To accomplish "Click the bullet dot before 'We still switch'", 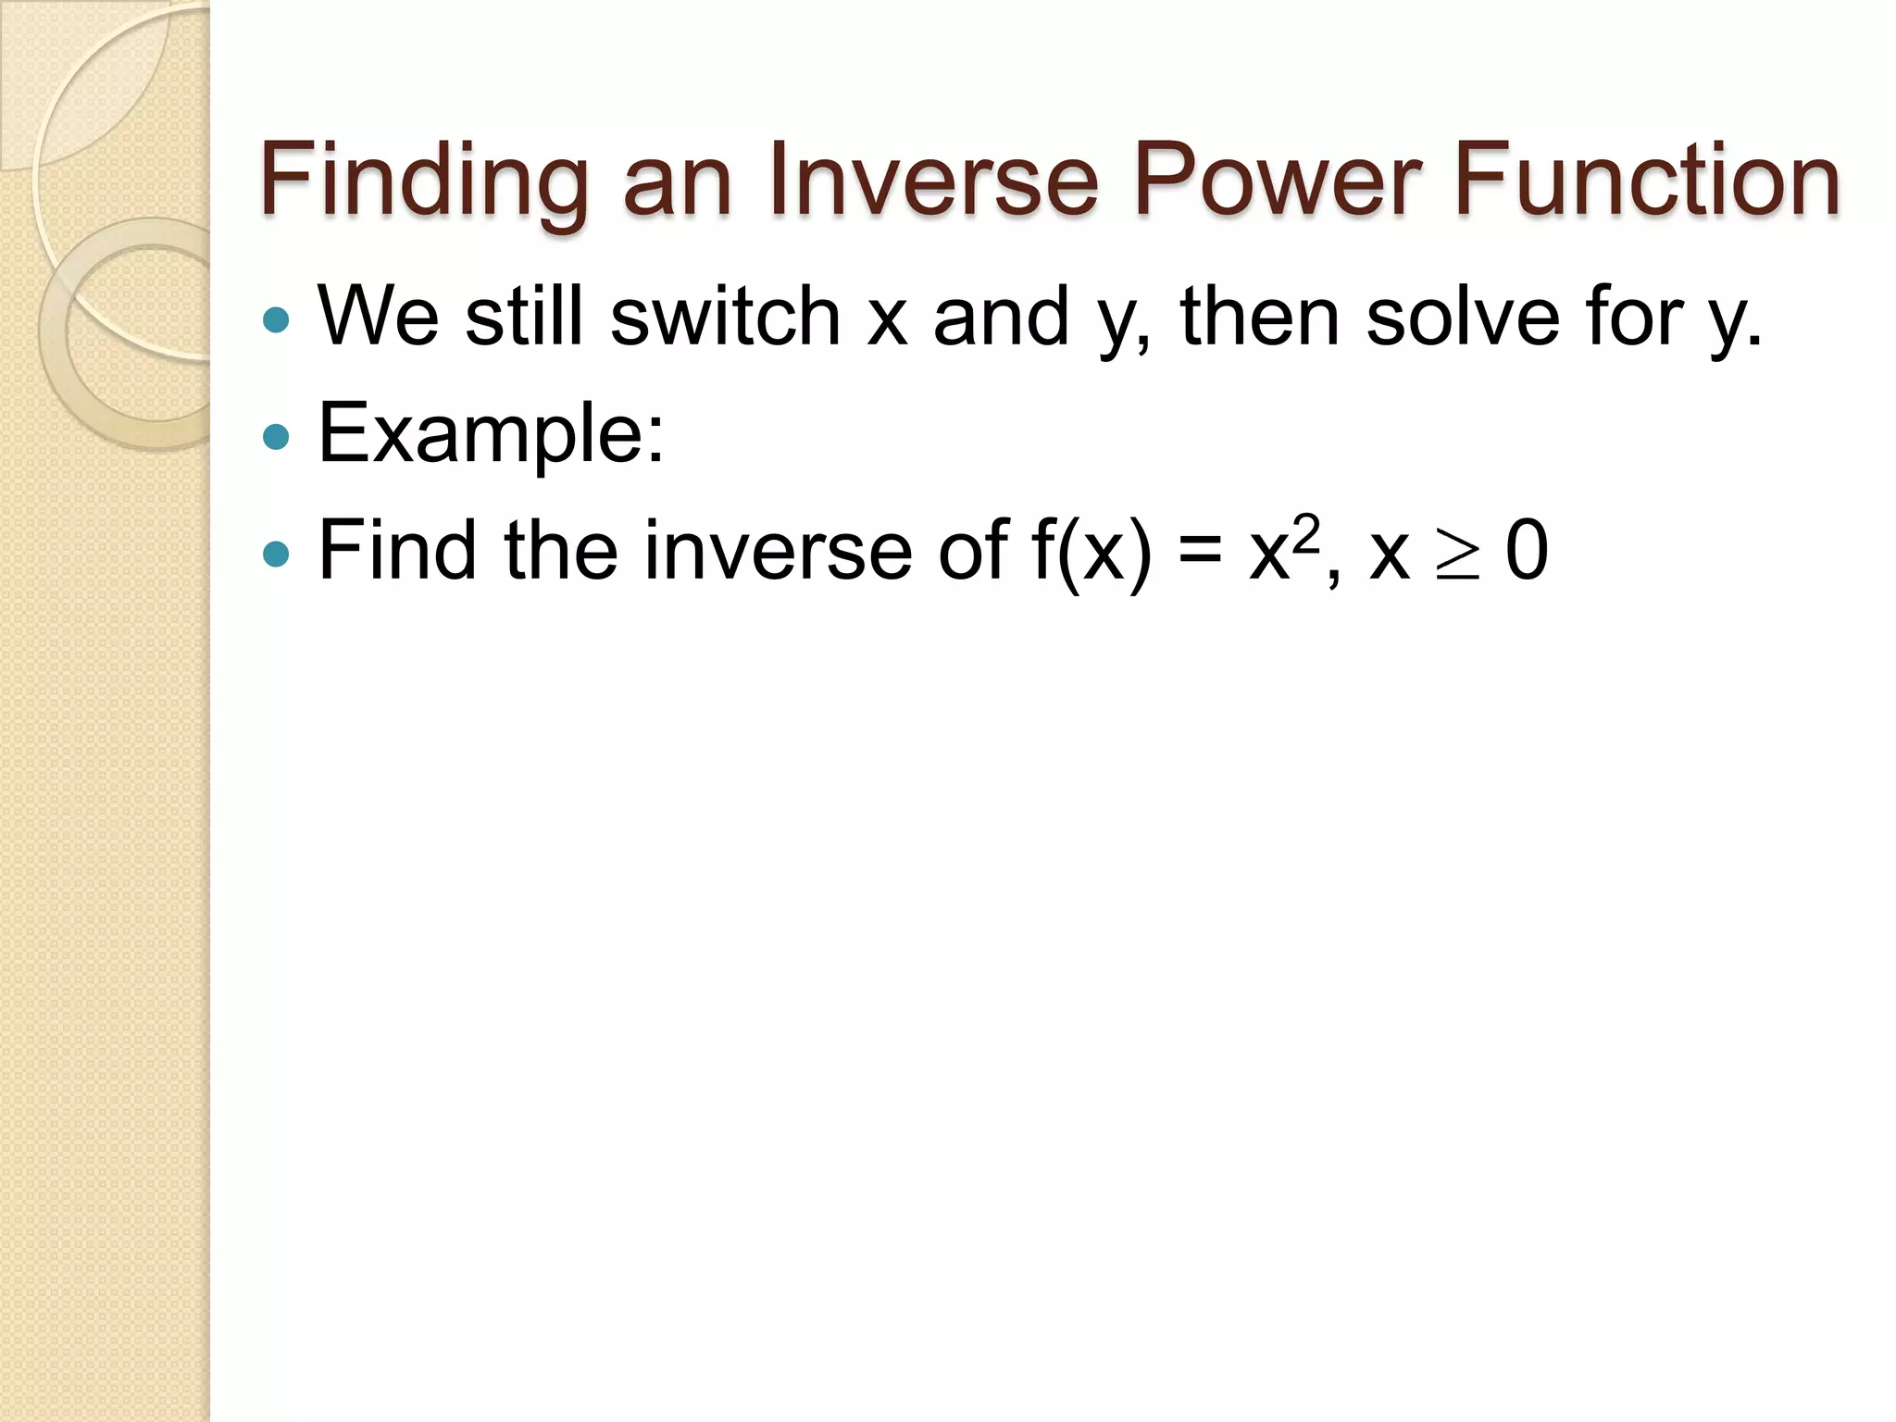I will pyautogui.click(x=276, y=320).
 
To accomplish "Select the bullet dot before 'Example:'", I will pyautogui.click(x=276, y=436).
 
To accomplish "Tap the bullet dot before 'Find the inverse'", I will pyautogui.click(x=276, y=554).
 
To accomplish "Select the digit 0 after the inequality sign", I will pyautogui.click(x=1527, y=552).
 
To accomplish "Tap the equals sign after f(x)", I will pyautogui.click(x=1200, y=554).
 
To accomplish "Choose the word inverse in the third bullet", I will pyautogui.click(x=778, y=552).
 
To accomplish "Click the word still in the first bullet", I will pyautogui.click(x=524, y=316).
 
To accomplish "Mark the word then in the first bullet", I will pyautogui.click(x=1260, y=316).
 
